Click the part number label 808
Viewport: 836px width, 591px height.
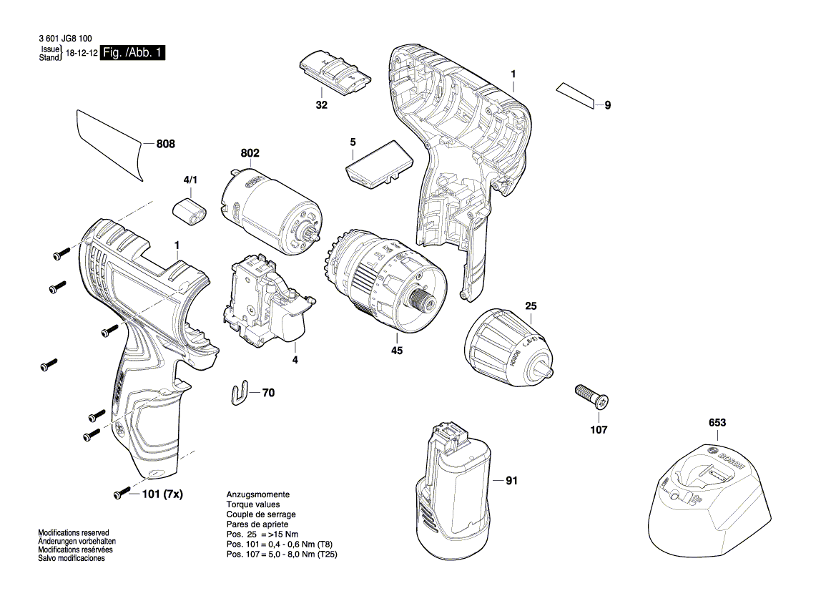click(x=165, y=144)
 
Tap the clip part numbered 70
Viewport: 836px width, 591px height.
click(x=244, y=392)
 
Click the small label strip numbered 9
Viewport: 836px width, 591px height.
click(x=576, y=96)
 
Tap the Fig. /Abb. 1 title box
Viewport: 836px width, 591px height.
click(x=133, y=54)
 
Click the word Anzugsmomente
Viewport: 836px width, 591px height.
click(x=257, y=494)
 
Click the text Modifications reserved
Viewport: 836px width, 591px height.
click(x=73, y=533)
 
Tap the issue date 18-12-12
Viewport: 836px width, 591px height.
click(x=82, y=54)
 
